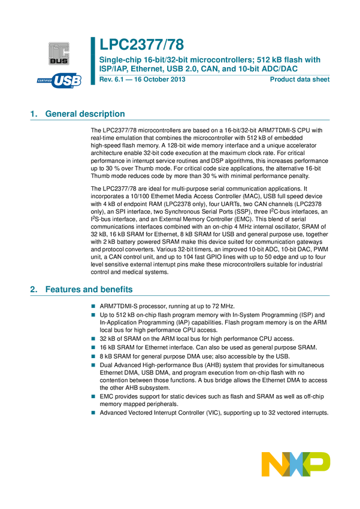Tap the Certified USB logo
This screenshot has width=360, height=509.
pos(59,80)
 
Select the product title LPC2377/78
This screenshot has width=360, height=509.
pos(142,44)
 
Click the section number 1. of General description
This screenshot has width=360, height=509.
pos(34,114)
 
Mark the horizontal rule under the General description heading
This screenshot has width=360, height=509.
pos(180,120)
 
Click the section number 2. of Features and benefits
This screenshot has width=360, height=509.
pos(34,290)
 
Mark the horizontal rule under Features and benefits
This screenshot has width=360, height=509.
pos(180,296)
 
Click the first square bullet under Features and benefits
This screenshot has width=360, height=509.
pos(93,306)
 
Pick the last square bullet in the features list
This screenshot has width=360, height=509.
pos(93,413)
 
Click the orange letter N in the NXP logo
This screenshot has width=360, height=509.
pos(272,465)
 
